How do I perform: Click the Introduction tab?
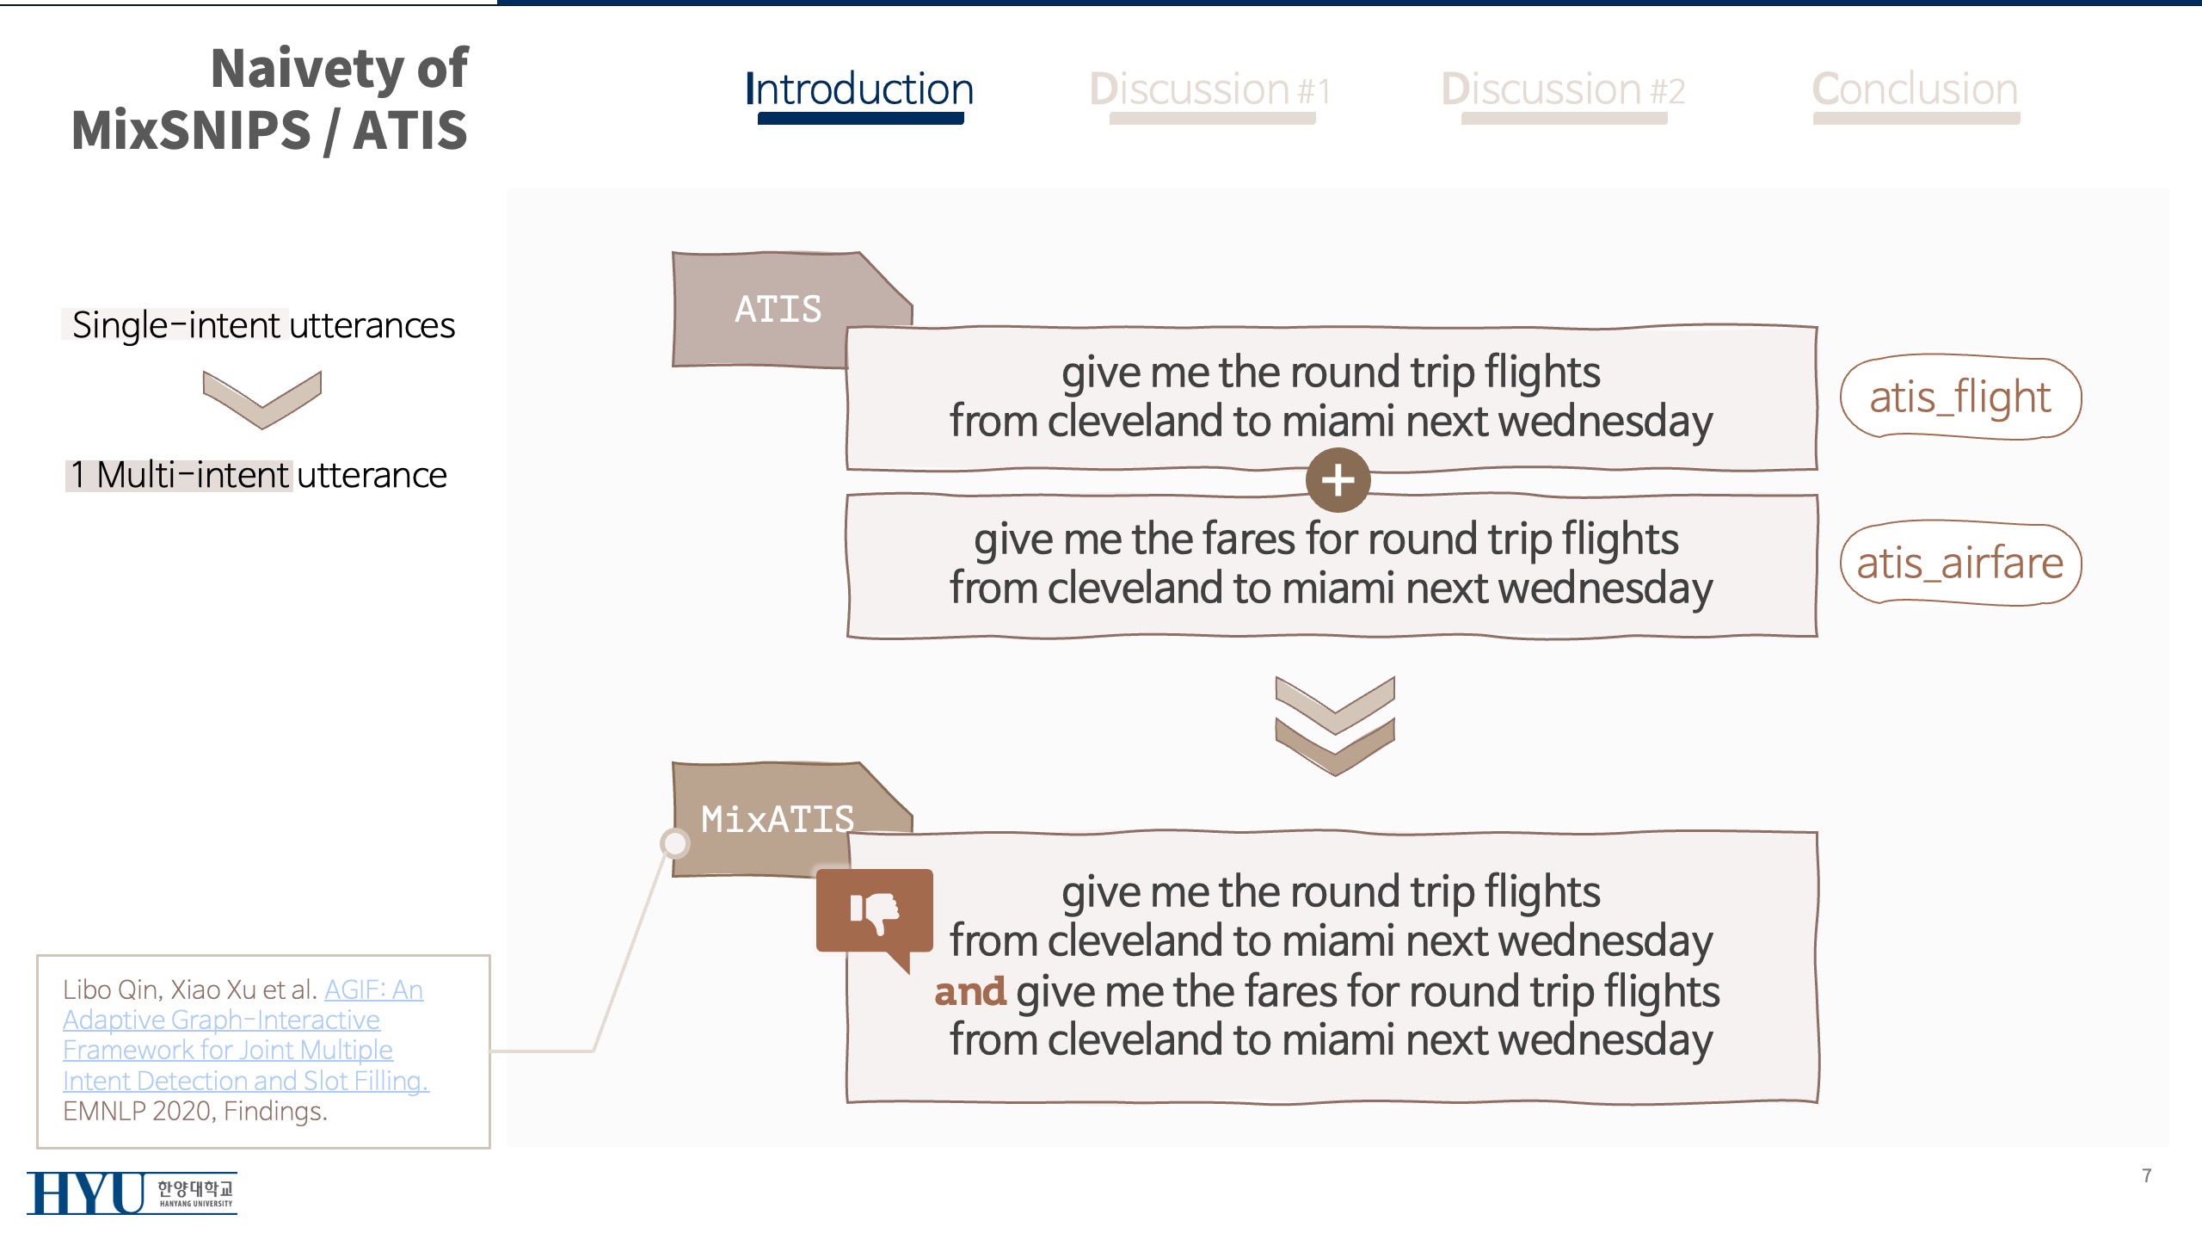(x=859, y=90)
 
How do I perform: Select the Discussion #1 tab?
(x=1210, y=90)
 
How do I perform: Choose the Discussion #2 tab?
(x=1563, y=90)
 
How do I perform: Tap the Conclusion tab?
(x=1916, y=90)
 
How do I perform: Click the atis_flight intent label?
(x=1960, y=398)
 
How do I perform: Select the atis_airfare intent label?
(x=1960, y=564)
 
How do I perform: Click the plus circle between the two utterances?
(x=1338, y=480)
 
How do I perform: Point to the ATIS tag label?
(x=778, y=310)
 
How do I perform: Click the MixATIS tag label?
(x=778, y=819)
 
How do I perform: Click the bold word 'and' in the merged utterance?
(x=970, y=992)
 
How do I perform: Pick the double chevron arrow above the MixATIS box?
(x=1335, y=725)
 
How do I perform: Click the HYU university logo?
(x=132, y=1193)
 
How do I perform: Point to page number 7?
(x=2147, y=1176)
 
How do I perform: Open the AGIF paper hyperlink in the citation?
(x=245, y=1035)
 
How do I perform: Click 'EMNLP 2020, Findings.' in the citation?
(x=195, y=1112)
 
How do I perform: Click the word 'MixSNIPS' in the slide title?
(x=191, y=131)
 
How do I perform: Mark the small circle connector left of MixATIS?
(x=675, y=843)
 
